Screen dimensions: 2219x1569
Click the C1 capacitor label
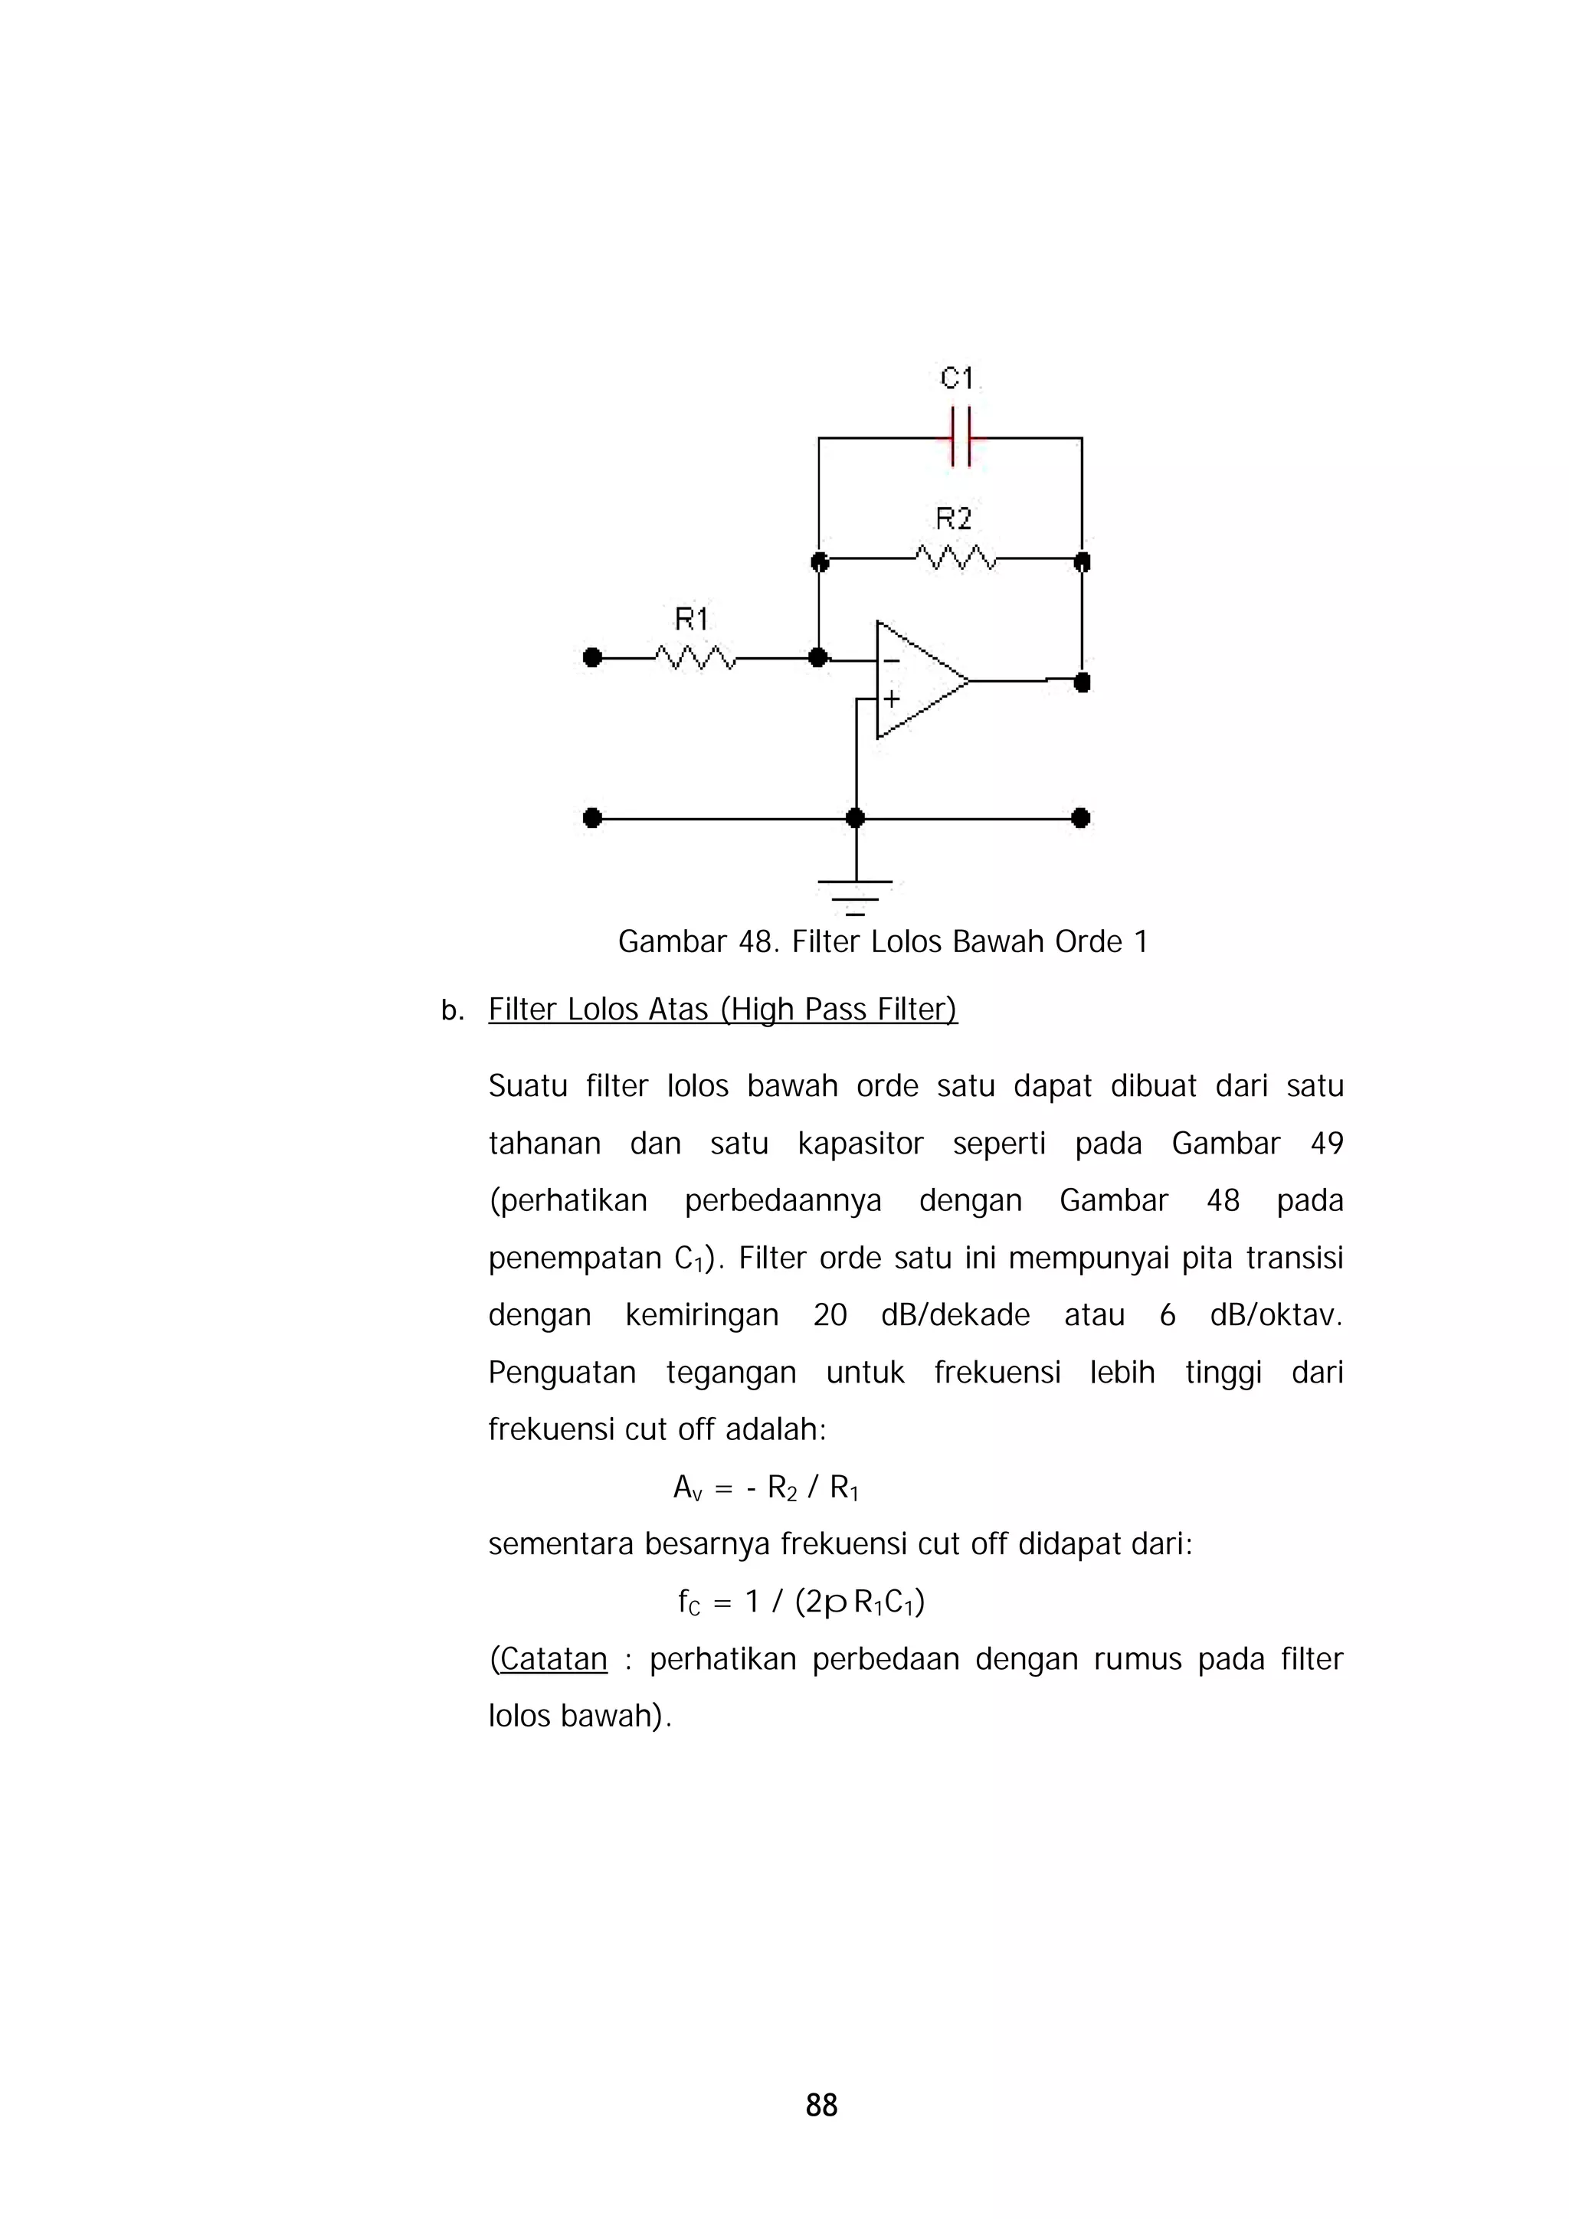click(957, 378)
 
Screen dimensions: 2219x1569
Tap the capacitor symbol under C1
click(960, 438)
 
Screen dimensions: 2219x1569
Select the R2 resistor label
click(953, 520)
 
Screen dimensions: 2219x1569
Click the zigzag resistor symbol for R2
click(955, 558)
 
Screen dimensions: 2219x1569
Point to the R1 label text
click(691, 619)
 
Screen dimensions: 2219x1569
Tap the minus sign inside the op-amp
click(890, 661)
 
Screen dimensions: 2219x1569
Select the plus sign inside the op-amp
click(890, 698)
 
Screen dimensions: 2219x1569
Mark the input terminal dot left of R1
click(593, 658)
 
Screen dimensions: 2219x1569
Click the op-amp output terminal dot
click(1082, 682)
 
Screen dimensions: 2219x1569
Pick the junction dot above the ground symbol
click(854, 819)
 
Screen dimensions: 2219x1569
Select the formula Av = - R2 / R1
click(765, 1488)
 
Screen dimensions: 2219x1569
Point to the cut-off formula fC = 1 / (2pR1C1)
click(801, 1603)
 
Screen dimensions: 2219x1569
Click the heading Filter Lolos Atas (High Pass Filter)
click(722, 1009)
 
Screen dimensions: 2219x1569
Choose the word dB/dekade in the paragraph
click(955, 1315)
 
